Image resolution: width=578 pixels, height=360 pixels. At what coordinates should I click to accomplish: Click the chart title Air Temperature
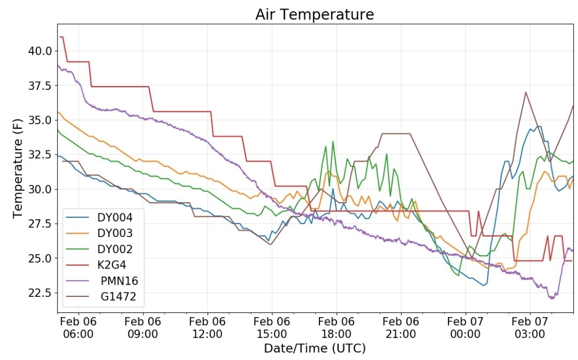(315, 14)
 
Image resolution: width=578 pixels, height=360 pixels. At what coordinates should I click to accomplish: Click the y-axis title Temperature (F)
(17, 168)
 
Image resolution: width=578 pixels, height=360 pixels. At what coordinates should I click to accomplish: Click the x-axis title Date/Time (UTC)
(315, 348)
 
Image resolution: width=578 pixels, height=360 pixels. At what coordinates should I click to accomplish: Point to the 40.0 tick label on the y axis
(40, 51)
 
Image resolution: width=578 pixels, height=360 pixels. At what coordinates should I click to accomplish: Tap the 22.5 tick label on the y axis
(40, 293)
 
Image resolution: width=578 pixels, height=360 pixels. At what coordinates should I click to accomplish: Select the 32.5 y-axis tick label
(40, 155)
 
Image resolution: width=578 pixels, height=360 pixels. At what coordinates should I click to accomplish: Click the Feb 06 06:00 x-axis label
(78, 327)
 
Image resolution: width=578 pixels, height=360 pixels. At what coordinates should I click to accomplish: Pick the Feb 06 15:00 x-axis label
(272, 327)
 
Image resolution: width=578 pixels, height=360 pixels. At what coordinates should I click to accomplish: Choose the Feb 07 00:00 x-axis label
(465, 327)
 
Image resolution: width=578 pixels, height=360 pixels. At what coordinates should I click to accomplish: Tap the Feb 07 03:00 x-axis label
(530, 327)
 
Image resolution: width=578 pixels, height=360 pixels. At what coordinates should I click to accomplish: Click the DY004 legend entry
(100, 217)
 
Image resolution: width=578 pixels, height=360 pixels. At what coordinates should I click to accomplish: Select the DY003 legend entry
(100, 233)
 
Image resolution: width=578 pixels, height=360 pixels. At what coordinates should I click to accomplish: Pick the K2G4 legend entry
(96, 265)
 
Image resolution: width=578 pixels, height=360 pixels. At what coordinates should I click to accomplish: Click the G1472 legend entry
(101, 297)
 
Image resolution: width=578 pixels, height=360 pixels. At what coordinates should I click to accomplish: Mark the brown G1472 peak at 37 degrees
(526, 92)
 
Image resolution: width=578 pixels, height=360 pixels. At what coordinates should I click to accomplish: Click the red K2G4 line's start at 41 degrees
(60, 37)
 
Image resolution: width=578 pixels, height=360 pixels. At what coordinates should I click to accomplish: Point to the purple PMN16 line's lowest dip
(552, 298)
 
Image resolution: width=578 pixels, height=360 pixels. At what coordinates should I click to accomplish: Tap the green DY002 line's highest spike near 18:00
(333, 141)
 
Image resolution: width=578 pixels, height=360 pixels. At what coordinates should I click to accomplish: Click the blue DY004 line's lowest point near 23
(484, 286)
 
